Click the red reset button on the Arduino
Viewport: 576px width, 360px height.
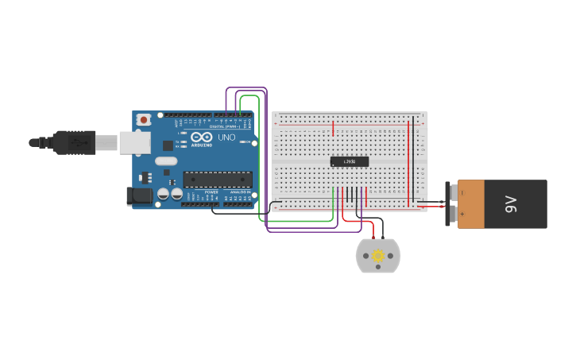(143, 119)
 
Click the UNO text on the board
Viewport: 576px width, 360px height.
(226, 137)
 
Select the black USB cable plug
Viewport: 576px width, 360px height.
(72, 142)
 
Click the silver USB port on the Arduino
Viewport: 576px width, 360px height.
(133, 142)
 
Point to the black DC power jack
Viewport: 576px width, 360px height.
(140, 195)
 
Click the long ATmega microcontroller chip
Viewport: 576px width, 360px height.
(218, 180)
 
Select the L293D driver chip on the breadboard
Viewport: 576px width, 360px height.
(350, 161)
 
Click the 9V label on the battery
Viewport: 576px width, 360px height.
(512, 204)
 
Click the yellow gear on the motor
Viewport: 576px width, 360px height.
(378, 256)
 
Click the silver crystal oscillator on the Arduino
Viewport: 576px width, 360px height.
(166, 161)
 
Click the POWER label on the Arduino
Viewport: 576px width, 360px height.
(211, 192)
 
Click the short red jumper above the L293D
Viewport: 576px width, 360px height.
(333, 129)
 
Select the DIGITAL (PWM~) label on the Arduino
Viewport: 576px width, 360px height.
(225, 126)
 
